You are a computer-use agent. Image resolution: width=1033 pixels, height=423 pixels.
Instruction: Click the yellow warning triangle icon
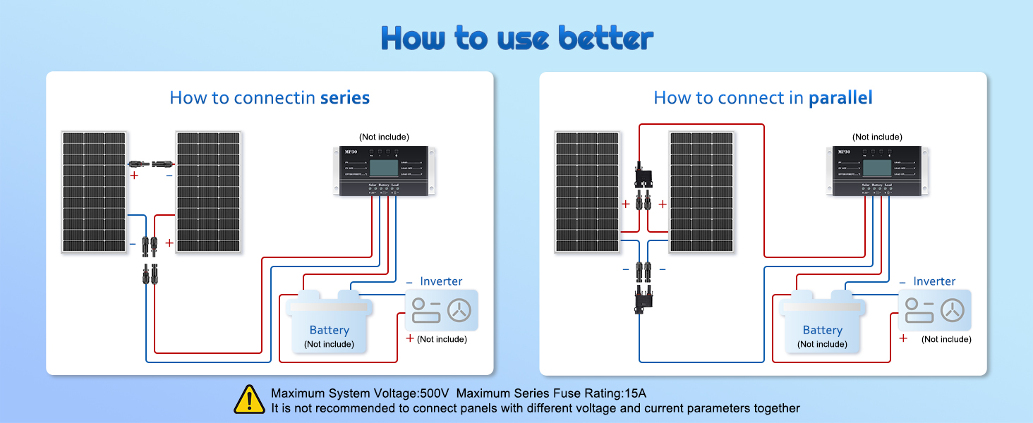point(249,399)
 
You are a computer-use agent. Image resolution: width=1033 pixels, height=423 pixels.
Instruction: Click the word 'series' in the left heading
point(345,97)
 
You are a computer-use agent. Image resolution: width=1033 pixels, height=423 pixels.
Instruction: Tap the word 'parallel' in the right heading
point(840,97)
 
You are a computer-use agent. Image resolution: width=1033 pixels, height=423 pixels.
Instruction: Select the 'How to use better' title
point(516,39)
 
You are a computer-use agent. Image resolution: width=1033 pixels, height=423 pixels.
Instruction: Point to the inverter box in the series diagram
point(442,310)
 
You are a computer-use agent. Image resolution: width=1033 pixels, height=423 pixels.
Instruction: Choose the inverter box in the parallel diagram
point(935,310)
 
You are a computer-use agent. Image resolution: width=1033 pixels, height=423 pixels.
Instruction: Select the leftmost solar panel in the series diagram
point(94,192)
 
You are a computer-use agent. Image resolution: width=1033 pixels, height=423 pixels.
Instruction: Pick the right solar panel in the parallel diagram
point(701,192)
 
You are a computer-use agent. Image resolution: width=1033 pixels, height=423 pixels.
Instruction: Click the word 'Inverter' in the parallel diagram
point(934,281)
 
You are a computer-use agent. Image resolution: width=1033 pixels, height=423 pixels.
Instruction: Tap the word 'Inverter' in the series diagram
point(441,281)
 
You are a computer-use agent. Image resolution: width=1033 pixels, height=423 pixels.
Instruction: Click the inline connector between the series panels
point(152,163)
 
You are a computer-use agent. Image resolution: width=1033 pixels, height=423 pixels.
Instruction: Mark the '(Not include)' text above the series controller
point(384,137)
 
